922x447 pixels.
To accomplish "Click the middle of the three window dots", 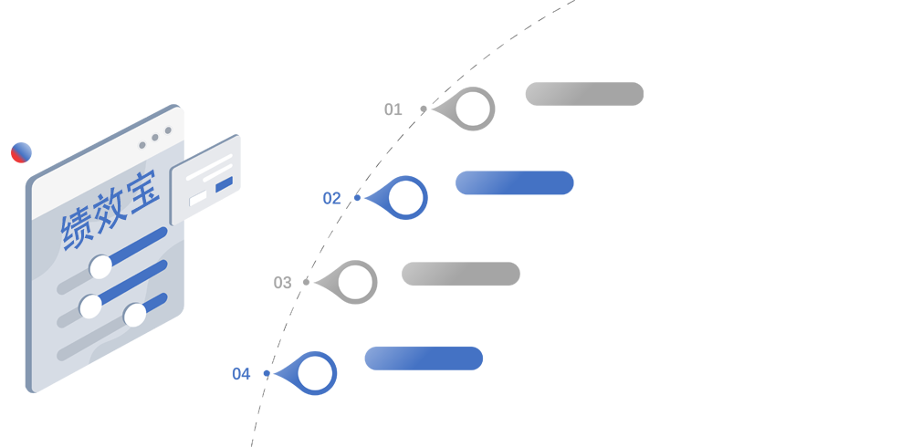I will [155, 140].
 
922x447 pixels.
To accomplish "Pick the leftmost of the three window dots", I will [142, 145].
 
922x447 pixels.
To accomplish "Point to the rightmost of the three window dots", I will [168, 134].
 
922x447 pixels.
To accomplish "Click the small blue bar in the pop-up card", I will [224, 184].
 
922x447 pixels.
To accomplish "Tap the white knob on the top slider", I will [100, 266].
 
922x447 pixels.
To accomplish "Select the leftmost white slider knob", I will [90, 307].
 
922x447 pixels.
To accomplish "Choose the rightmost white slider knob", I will [135, 315].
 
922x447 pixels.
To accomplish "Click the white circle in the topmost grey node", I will [473, 109].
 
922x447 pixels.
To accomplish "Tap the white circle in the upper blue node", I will [405, 196].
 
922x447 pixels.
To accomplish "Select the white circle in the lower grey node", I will [355, 282].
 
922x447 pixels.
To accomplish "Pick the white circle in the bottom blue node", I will [315, 372].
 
